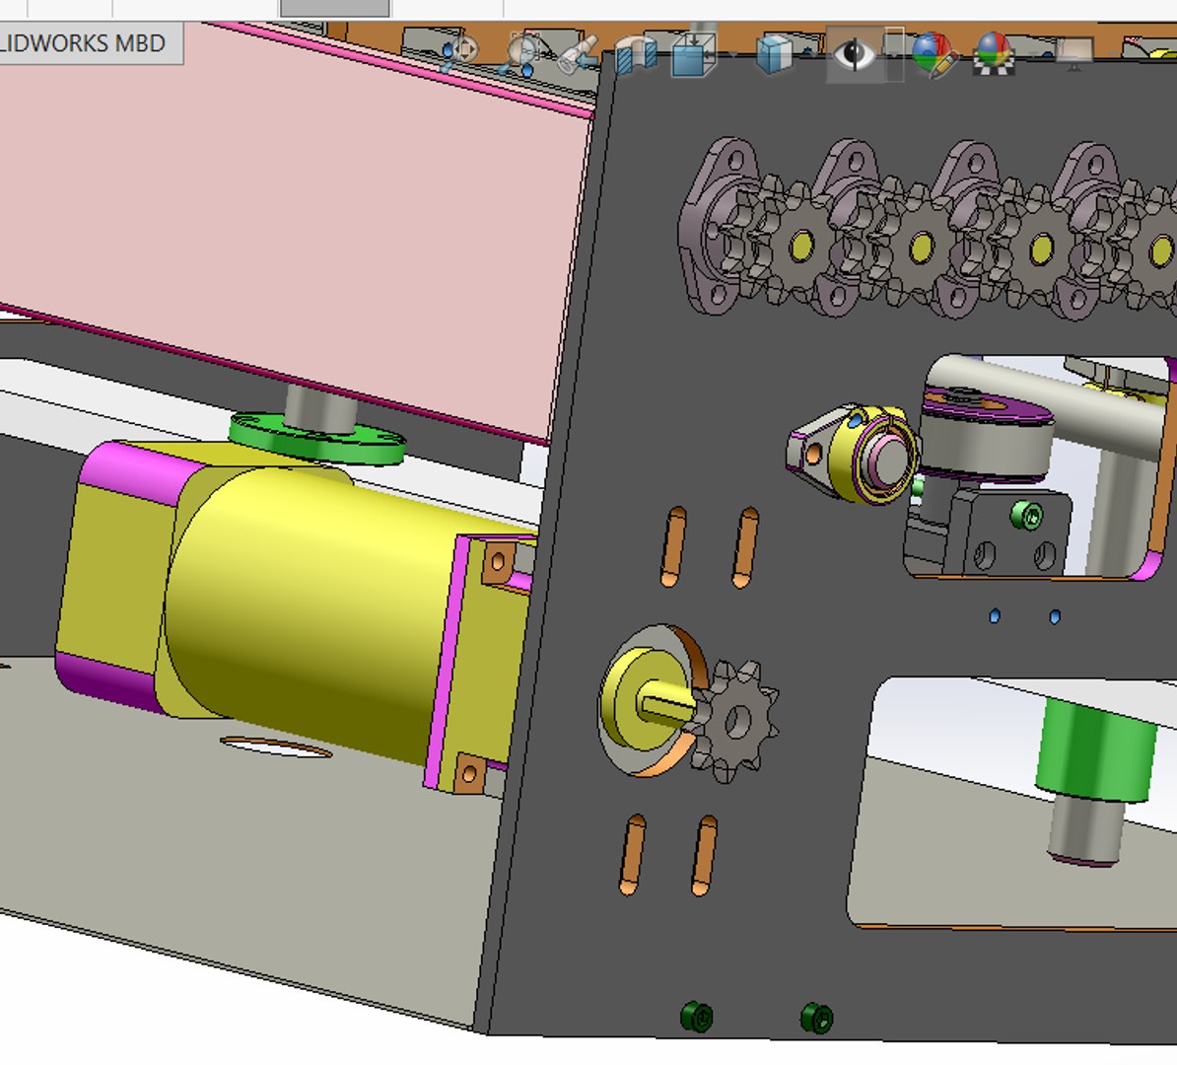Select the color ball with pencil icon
tap(933, 54)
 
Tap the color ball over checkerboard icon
tap(994, 54)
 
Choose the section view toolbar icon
tap(636, 54)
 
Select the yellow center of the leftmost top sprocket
tap(800, 244)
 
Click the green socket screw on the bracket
tap(1026, 515)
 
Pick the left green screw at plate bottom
tap(697, 1016)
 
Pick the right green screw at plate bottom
tap(816, 1017)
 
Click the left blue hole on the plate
tap(995, 616)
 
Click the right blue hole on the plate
tap(1055, 617)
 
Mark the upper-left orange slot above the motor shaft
tap(675, 546)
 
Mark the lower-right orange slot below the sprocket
tap(704, 854)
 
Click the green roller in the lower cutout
tap(1093, 751)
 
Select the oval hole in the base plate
tap(276, 747)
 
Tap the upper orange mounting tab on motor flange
tap(496, 562)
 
